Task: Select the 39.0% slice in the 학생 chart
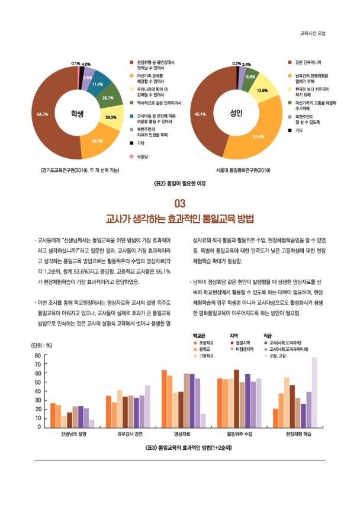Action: tap(97, 141)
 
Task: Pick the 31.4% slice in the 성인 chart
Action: tap(258, 136)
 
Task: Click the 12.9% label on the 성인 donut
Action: tap(262, 90)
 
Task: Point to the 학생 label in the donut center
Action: tap(78, 113)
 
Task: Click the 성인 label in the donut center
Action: tap(237, 112)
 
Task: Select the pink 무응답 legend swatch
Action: tap(132, 156)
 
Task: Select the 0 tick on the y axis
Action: tap(38, 427)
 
